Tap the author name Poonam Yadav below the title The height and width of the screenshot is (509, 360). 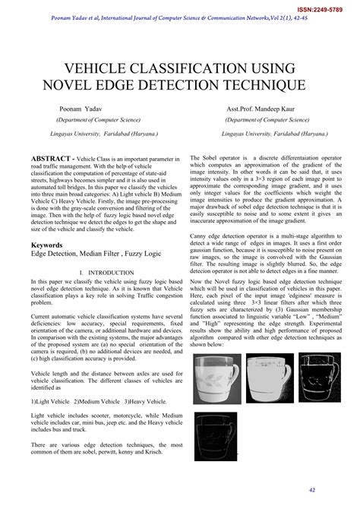pyautogui.click(x=83, y=109)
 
